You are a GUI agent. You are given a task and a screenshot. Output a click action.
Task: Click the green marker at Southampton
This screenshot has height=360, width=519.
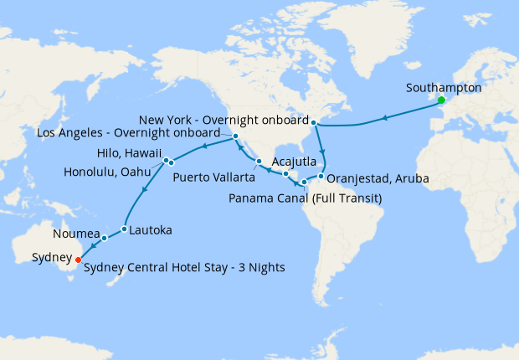point(441,101)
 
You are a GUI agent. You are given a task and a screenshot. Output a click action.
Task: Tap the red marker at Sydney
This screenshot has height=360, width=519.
point(78,259)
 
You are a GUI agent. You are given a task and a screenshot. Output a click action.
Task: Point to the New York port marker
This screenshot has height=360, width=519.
point(315,122)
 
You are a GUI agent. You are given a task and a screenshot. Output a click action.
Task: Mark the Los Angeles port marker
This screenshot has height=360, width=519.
point(236,136)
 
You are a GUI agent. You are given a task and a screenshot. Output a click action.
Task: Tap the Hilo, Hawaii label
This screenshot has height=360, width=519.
point(130,155)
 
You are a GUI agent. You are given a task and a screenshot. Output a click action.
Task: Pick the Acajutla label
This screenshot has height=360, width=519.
point(294,162)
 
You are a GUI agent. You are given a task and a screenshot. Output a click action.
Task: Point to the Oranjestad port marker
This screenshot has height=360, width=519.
point(321,177)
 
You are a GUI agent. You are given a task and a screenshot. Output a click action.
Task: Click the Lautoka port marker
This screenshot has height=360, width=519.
point(124,229)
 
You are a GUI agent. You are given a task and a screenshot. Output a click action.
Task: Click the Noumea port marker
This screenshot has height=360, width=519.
point(105,239)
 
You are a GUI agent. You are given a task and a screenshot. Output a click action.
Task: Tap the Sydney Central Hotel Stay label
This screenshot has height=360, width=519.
point(185,267)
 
